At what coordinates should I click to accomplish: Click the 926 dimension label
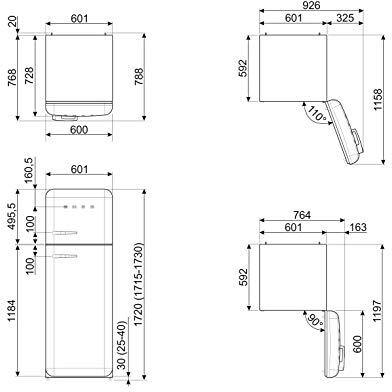pos(311,5)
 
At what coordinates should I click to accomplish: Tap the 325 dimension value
pos(345,17)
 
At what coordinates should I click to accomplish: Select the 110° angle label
pos(316,114)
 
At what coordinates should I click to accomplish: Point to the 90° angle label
pos(315,320)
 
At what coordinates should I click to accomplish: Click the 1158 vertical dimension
pos(378,99)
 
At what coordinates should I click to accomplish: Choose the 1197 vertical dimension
pos(377,311)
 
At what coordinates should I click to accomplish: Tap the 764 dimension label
pos(301,215)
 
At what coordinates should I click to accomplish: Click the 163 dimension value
pos(358,227)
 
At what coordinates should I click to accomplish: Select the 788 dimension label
pos(139,76)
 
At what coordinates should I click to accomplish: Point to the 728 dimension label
pos(29,76)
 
